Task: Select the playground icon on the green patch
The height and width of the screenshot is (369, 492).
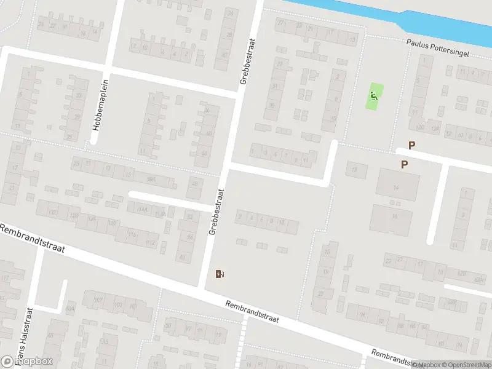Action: pyautogui.click(x=374, y=97)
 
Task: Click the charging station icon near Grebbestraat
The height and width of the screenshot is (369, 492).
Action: pyautogui.click(x=220, y=274)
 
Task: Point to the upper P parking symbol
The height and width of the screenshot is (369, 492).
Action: pyautogui.click(x=412, y=146)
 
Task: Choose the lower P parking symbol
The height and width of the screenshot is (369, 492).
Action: pyautogui.click(x=404, y=164)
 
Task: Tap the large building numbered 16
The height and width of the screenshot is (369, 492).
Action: pyautogui.click(x=392, y=217)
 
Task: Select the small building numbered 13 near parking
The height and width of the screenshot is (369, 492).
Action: pyautogui.click(x=354, y=169)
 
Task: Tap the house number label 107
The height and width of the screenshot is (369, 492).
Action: pyautogui.click(x=98, y=300)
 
